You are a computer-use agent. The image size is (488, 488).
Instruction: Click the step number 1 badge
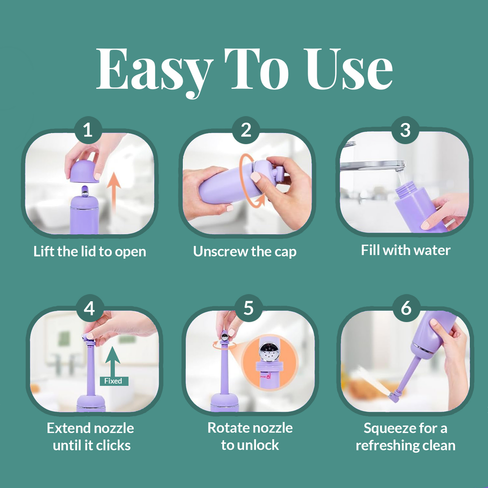[x=88, y=130]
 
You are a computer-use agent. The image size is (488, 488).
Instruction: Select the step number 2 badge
[x=246, y=130]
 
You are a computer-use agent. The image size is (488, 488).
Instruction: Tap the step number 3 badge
[x=405, y=130]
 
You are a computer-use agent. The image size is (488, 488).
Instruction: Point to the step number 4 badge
[x=89, y=308]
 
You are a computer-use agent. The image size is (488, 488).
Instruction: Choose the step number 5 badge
[x=249, y=308]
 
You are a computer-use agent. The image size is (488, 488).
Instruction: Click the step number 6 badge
[x=406, y=308]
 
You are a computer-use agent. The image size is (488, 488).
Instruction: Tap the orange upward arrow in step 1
[x=114, y=191]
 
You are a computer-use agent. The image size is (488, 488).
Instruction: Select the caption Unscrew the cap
[x=245, y=252]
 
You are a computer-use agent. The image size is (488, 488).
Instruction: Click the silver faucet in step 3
[x=371, y=165]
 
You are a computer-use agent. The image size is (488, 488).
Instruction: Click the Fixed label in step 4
[x=113, y=381]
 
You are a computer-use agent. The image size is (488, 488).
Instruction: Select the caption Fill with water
[x=405, y=250]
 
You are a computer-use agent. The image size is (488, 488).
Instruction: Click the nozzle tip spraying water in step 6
[x=394, y=396]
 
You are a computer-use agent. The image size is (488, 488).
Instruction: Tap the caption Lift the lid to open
[x=89, y=252]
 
